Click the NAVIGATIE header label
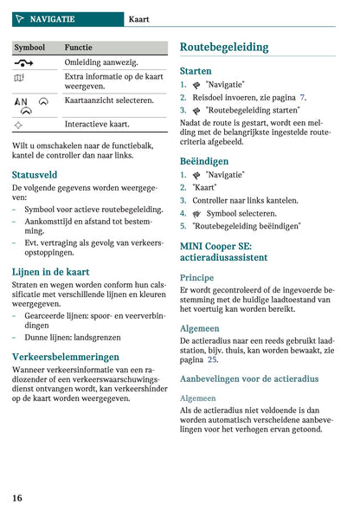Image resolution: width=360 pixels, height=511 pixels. point(52,19)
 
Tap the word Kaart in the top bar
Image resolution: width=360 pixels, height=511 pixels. point(139,19)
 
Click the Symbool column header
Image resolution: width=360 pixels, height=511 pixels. point(29,48)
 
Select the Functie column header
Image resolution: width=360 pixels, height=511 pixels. point(78,48)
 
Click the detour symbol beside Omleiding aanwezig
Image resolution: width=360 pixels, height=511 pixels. point(22,62)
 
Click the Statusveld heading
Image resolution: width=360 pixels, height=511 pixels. point(35,175)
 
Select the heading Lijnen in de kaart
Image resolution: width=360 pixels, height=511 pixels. point(54,272)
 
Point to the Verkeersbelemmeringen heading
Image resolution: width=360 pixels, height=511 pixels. point(66,356)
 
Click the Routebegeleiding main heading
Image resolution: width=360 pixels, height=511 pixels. point(224,48)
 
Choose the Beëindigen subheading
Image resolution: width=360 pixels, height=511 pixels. point(204,161)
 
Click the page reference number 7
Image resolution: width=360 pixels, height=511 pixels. point(302,98)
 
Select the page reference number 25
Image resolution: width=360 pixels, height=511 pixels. point(212,359)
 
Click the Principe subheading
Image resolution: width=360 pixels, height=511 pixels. point(196,278)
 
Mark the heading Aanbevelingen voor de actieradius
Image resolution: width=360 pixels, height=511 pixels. point(249,378)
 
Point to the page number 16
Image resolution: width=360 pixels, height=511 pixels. point(17,497)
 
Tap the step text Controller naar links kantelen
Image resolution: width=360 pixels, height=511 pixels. point(245,200)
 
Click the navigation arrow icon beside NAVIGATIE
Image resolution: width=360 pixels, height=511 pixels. point(20,19)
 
